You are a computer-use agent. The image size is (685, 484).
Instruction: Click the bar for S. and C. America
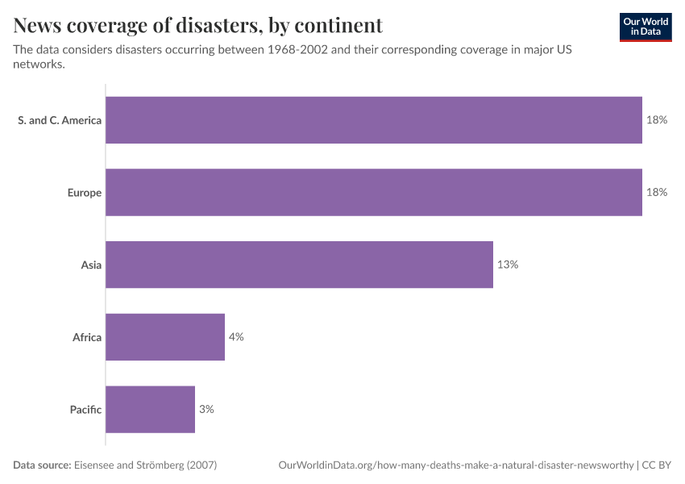(x=374, y=120)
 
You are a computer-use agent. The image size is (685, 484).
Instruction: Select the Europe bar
(x=374, y=192)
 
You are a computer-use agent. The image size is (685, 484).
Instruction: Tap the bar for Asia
(x=299, y=265)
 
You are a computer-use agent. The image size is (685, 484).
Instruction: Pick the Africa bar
(x=165, y=336)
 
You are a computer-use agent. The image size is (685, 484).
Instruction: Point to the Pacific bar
(x=150, y=409)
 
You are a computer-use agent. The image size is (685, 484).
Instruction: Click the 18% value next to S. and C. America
(x=657, y=120)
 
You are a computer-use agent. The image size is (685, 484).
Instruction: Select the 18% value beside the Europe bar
(x=657, y=192)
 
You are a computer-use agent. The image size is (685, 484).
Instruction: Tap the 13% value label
(x=508, y=265)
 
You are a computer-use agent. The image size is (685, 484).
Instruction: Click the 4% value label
(x=236, y=336)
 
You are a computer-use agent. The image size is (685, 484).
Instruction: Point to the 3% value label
(x=206, y=409)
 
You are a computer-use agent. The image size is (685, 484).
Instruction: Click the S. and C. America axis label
(x=60, y=120)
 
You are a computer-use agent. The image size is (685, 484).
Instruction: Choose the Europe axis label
(x=85, y=192)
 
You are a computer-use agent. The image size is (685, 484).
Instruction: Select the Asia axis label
(x=91, y=265)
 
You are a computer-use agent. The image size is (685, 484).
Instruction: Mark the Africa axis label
(x=87, y=336)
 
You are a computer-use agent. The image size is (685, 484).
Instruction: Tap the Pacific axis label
(x=85, y=409)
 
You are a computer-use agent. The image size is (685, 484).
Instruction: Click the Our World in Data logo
(x=645, y=27)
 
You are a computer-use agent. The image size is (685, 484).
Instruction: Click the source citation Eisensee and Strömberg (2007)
(x=146, y=465)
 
